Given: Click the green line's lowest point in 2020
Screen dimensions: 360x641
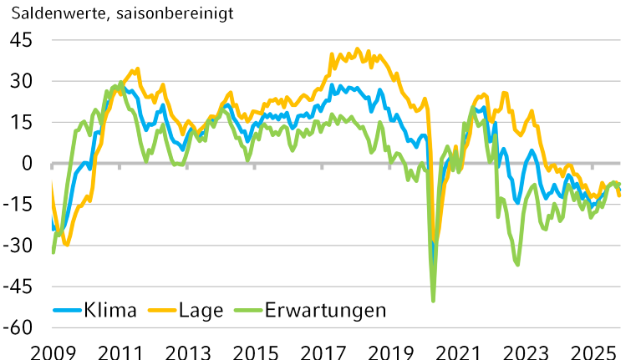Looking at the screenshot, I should click(x=434, y=300).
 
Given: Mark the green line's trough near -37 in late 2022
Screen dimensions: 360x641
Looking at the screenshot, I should click(x=518, y=265).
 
